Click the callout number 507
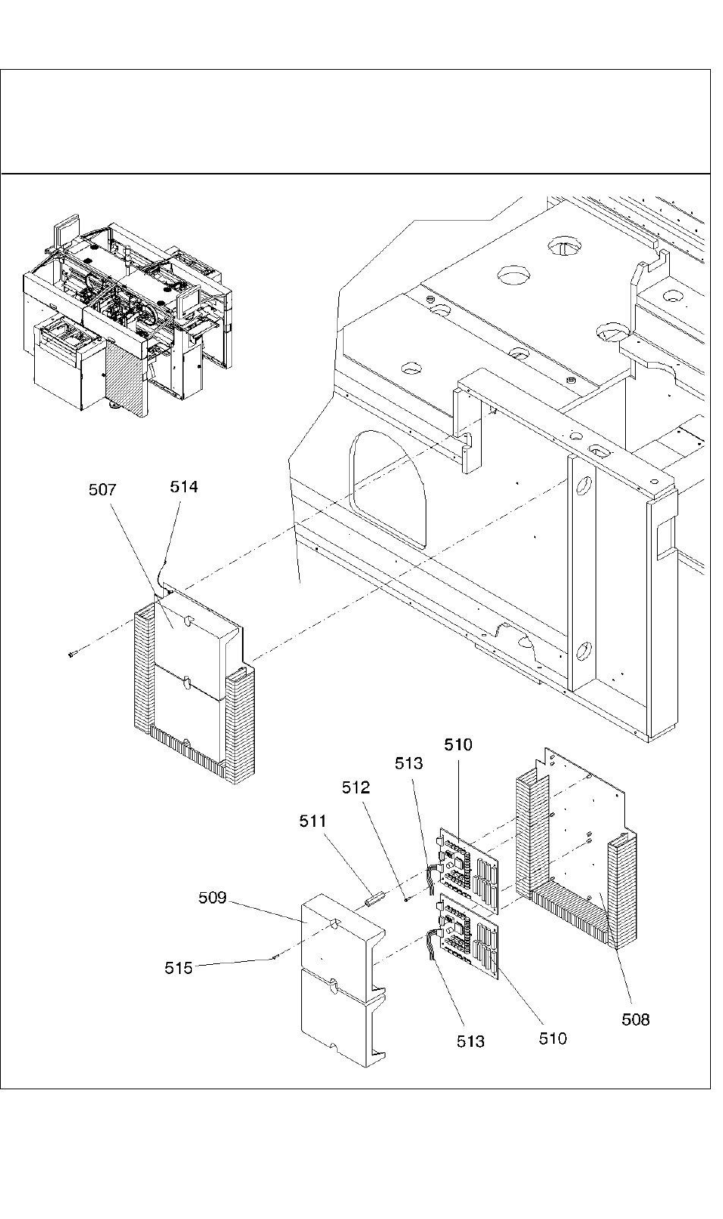(x=102, y=490)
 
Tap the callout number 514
(x=184, y=486)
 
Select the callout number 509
(x=212, y=897)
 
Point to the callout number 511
(x=313, y=821)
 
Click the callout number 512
(x=356, y=787)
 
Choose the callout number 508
(x=636, y=1019)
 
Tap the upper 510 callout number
(x=458, y=744)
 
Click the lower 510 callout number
(x=553, y=1038)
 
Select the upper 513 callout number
(x=409, y=763)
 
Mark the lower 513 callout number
(x=470, y=1041)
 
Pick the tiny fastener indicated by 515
(x=275, y=958)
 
